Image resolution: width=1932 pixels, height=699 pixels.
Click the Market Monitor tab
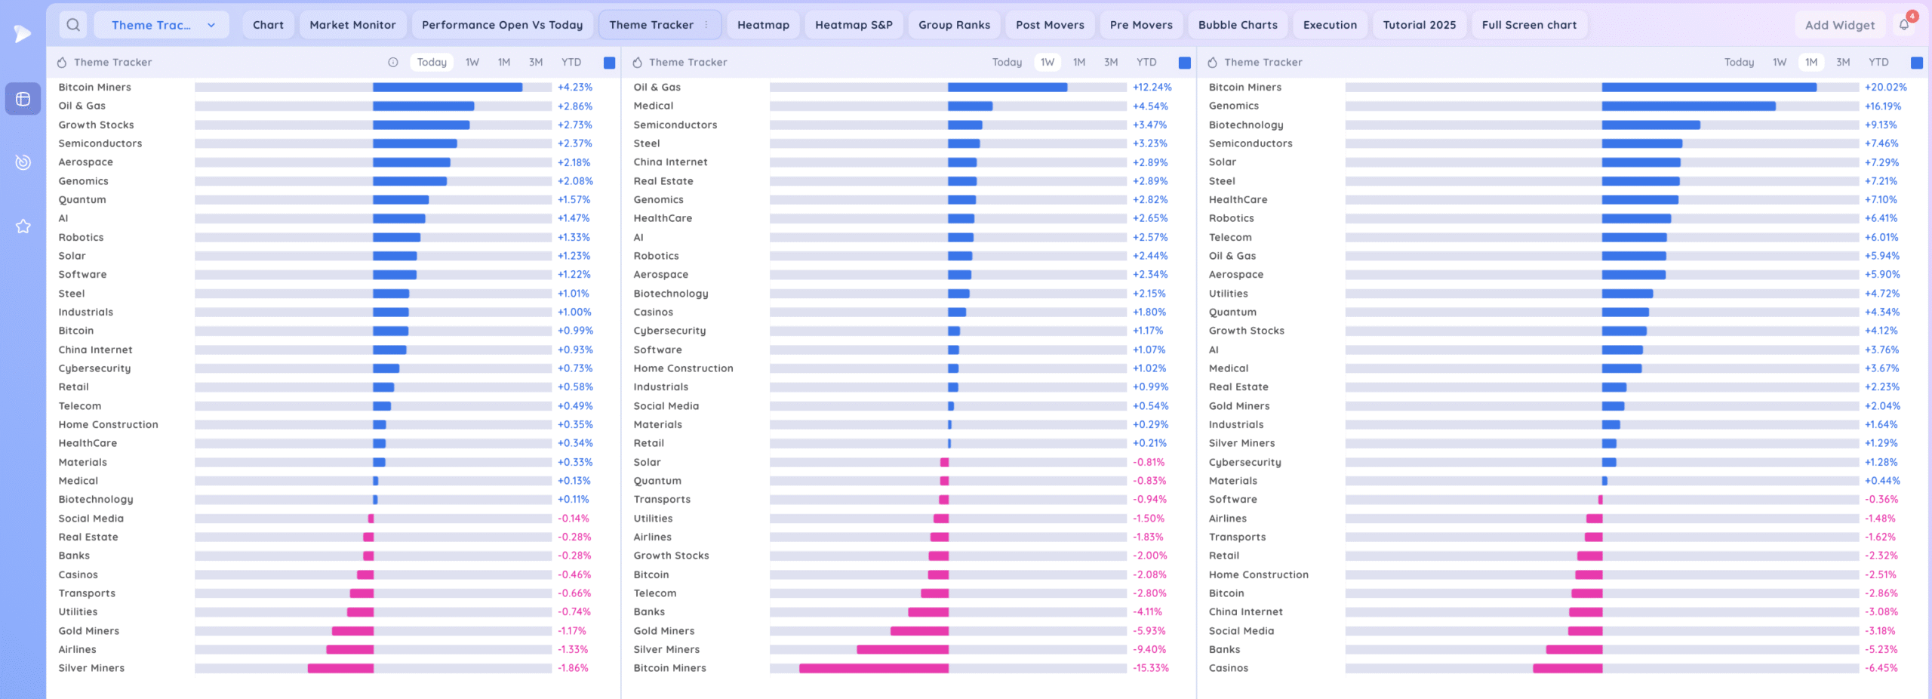coord(352,25)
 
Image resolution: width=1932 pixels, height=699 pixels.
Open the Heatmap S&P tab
coord(854,25)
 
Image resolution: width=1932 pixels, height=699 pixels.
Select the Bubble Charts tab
coord(1238,25)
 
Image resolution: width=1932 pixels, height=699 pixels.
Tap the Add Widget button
coord(1839,25)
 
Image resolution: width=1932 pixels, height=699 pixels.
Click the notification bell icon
coord(1904,25)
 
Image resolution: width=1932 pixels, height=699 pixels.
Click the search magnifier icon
coord(73,25)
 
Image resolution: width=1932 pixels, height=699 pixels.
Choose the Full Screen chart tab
coord(1529,25)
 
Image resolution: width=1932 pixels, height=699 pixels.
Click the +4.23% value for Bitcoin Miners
coord(575,88)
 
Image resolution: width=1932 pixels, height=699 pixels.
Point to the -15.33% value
coord(1150,668)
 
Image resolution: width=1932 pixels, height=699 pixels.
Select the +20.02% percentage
coord(1885,88)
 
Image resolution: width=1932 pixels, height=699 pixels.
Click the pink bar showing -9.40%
coord(903,649)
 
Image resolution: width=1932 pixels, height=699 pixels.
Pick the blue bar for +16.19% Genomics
coord(1688,106)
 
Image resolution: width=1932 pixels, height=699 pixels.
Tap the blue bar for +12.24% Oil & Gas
coord(1008,88)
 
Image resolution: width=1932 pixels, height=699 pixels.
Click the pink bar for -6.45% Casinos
coord(1567,668)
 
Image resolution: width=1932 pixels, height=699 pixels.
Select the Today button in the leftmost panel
coord(432,63)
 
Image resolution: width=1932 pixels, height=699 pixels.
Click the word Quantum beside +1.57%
coord(82,200)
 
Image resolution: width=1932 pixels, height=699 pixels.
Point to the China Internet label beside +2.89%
coord(670,162)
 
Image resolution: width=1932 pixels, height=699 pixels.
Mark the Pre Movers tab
coord(1141,25)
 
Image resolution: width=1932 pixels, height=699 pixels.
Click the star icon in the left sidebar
coord(23,226)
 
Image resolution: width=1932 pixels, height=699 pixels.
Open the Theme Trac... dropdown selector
coord(162,25)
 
